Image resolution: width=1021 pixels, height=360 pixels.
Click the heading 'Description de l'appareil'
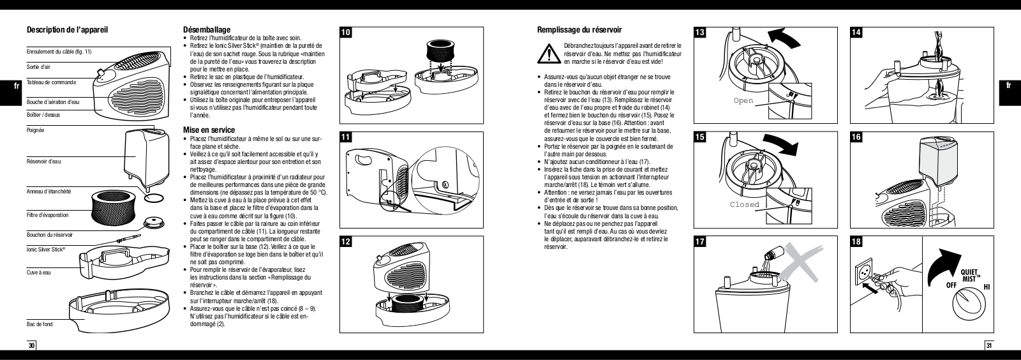(66, 30)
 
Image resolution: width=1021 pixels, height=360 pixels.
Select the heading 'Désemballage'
(207, 29)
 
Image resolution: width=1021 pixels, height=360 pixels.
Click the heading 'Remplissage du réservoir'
(579, 30)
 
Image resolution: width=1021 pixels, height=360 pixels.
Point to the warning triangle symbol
(547, 54)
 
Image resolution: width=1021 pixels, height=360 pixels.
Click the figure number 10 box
(345, 33)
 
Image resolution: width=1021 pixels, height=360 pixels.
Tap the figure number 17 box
(700, 242)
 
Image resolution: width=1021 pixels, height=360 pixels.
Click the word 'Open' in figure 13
(743, 101)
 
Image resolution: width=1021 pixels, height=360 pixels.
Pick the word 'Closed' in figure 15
(745, 204)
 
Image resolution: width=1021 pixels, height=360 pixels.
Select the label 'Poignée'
(36, 130)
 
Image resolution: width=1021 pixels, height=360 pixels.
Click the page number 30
(32, 346)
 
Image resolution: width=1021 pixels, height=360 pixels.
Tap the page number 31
(989, 346)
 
